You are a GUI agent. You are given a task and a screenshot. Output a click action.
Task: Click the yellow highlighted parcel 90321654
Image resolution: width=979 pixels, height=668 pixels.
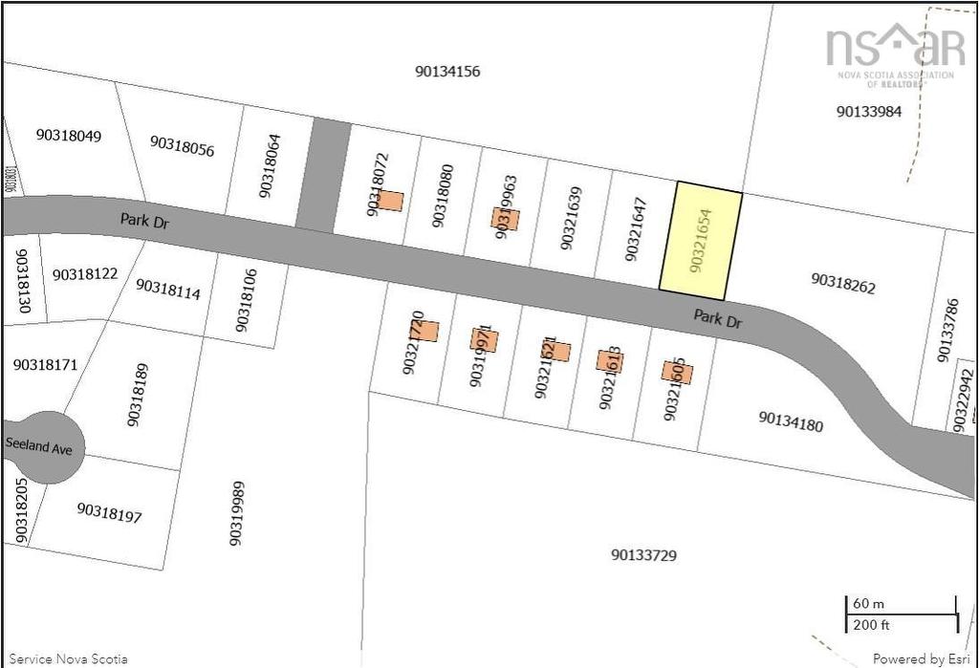[701, 240]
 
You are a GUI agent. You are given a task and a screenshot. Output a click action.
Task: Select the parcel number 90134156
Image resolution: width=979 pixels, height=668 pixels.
[447, 71]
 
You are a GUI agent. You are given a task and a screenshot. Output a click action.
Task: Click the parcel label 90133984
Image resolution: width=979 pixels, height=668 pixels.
[868, 111]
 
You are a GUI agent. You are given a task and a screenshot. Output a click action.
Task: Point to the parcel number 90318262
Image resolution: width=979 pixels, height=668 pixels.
[843, 284]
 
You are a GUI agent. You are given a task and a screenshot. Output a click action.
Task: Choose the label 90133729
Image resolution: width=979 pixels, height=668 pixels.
[642, 554]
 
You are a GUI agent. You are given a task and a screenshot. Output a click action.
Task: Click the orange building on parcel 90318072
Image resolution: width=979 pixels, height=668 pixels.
[390, 201]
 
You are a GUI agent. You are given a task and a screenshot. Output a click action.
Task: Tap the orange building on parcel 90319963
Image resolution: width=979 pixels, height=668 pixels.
[507, 219]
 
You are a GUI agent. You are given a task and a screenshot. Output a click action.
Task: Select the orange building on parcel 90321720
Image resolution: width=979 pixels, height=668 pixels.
[425, 331]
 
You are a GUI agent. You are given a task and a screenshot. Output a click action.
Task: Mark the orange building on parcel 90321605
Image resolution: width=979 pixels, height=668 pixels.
[677, 373]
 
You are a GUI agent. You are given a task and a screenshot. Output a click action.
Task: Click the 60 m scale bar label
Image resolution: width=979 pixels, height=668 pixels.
[867, 604]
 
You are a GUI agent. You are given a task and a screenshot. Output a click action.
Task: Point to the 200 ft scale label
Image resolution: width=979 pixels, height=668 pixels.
[871, 625]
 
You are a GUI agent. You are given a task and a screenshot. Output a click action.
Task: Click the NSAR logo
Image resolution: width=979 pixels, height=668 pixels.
[895, 54]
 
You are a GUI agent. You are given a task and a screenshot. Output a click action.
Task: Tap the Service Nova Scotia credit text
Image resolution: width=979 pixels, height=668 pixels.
[68, 658]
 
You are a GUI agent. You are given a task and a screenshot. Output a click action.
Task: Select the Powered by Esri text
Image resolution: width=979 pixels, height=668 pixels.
[921, 658]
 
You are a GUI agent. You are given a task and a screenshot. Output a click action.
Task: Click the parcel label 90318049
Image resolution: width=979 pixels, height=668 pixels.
[69, 135]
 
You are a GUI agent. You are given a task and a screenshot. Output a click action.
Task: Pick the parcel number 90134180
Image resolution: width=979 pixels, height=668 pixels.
[791, 420]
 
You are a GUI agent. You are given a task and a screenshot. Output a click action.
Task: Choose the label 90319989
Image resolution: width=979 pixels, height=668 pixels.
[236, 514]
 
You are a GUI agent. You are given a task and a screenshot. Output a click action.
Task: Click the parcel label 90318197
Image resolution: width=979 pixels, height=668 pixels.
[109, 512]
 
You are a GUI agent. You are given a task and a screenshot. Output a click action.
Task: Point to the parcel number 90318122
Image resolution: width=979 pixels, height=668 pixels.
[85, 274]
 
